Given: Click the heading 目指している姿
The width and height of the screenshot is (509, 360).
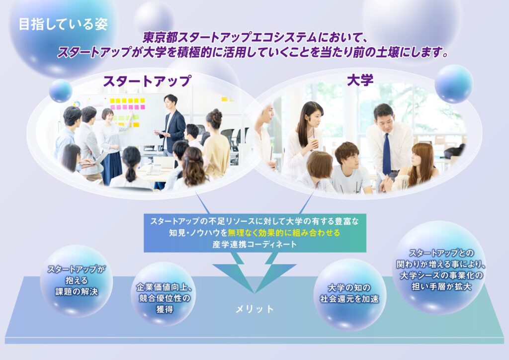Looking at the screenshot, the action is (x=63, y=25).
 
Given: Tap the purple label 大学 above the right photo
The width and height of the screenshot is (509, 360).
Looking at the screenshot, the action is (x=360, y=80).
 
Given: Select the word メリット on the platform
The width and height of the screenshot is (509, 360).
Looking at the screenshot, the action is (x=254, y=309).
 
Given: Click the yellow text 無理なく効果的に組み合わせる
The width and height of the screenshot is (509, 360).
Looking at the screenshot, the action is (x=284, y=233).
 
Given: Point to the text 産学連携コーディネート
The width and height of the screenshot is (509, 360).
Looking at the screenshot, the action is (x=254, y=244).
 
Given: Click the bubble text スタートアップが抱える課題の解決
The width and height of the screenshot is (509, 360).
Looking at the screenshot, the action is (x=77, y=280).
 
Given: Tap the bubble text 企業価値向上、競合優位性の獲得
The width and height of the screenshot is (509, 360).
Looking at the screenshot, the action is (x=165, y=298).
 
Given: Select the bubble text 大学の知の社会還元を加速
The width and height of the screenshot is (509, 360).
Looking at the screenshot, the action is (x=349, y=293).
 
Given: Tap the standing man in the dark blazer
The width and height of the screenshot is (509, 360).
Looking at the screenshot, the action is (x=171, y=127).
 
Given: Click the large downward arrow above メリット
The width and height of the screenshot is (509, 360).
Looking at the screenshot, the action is (x=254, y=272).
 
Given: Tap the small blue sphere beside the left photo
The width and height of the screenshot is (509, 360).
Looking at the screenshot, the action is (x=60, y=91).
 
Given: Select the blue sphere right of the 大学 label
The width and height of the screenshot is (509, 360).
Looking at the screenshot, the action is (x=454, y=84).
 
